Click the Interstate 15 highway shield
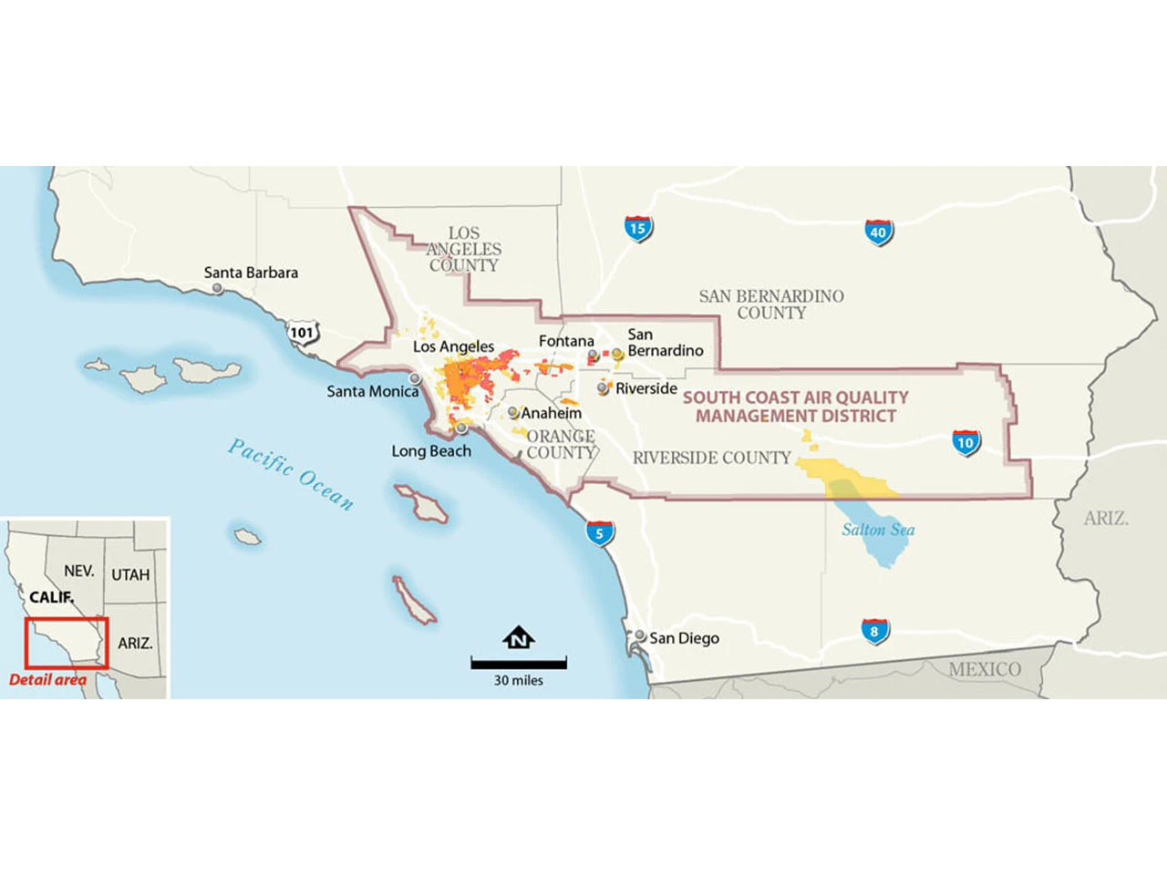click(637, 228)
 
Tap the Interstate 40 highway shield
click(878, 232)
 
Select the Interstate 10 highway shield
click(966, 443)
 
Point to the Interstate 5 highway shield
click(599, 533)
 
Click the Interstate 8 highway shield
click(874, 631)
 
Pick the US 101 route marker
click(302, 333)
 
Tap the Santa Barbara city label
click(251, 273)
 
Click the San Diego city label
click(684, 638)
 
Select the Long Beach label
click(431, 451)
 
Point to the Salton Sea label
click(878, 530)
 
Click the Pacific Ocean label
click(290, 474)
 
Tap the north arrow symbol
click(518, 638)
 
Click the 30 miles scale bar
click(519, 663)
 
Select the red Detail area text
click(47, 680)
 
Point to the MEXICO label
click(985, 669)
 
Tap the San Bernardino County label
click(771, 304)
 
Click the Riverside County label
click(711, 458)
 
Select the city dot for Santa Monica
click(415, 377)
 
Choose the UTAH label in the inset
click(130, 575)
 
